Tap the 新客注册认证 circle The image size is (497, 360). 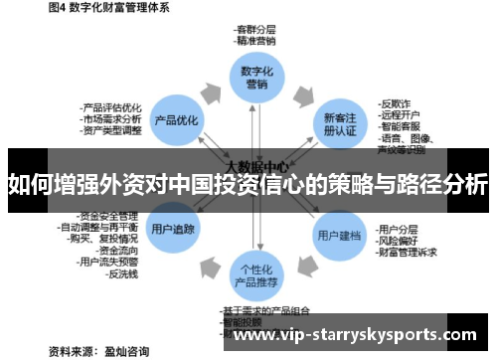[337, 123]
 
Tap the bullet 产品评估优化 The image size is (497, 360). [111, 106]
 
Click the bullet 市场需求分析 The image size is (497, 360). [111, 118]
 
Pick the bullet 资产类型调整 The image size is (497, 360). [111, 130]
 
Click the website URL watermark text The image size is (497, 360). [360, 336]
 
